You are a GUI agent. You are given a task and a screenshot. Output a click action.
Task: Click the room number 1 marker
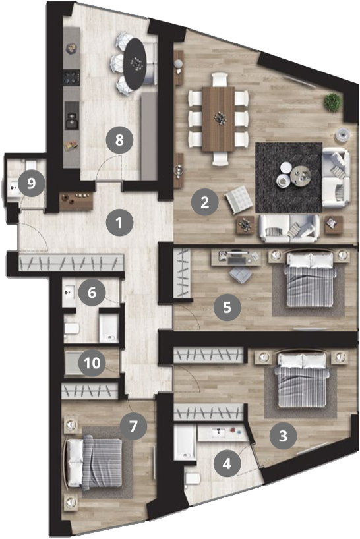[x=119, y=223]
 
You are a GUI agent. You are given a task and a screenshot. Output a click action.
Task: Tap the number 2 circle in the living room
[x=204, y=202]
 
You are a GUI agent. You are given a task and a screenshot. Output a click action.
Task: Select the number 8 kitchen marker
[x=119, y=140]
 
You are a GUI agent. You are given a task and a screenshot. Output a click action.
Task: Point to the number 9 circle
[x=31, y=183]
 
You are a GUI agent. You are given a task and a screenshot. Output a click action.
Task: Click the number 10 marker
[x=92, y=362]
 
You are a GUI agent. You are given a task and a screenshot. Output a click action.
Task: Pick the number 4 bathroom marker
[x=227, y=463]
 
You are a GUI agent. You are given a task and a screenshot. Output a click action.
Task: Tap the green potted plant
[x=332, y=101]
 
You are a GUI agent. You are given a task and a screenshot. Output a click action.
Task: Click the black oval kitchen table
[x=135, y=64]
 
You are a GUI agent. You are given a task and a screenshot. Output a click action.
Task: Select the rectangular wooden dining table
[x=219, y=119]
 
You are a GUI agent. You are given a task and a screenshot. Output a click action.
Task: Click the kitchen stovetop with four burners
[x=71, y=78]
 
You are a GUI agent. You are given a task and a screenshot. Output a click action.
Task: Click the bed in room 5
[x=310, y=279]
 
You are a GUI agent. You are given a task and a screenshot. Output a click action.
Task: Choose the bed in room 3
[x=301, y=379]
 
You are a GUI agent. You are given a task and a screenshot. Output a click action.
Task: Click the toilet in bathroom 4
[x=193, y=478]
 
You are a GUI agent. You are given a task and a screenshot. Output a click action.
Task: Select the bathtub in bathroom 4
[x=185, y=441]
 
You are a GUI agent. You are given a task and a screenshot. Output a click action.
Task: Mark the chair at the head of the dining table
[x=220, y=79]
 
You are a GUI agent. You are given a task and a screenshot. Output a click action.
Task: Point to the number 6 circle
[x=92, y=293]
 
